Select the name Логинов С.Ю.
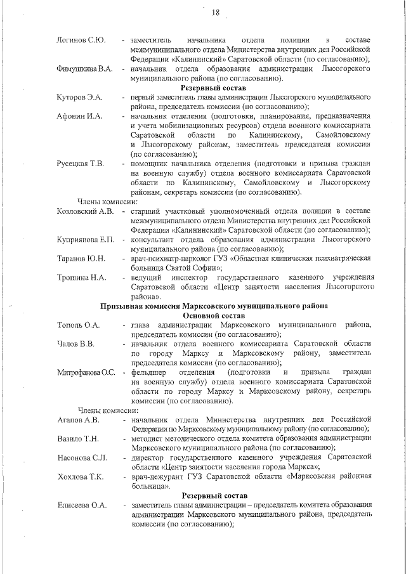tap(81, 41)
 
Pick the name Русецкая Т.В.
tap(80, 164)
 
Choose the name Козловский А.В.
tap(85, 211)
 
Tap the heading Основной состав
tap(213, 315)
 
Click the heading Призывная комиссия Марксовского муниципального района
tap(213, 306)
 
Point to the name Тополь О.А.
tap(78, 325)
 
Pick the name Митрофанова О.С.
tap(86, 372)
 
